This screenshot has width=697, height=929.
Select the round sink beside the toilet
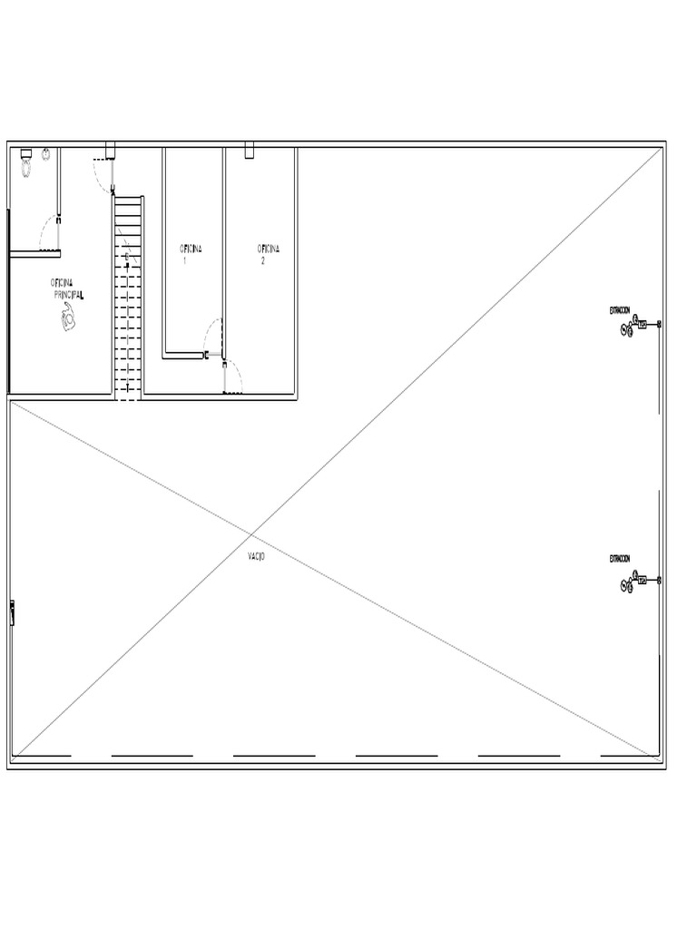pyautogui.click(x=44, y=155)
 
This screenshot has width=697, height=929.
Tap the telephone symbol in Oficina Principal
pyautogui.click(x=67, y=318)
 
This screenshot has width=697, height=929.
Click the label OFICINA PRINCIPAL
pyautogui.click(x=67, y=288)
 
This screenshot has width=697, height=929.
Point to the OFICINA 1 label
pyautogui.click(x=191, y=253)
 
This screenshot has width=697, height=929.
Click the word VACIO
pyautogui.click(x=256, y=555)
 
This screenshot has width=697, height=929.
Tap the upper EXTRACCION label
pyautogui.click(x=620, y=310)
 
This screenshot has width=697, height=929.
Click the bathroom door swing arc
pyautogui.click(x=47, y=232)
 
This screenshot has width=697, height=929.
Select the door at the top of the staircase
pyautogui.click(x=103, y=173)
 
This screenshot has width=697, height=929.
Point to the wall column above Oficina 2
pyautogui.click(x=250, y=151)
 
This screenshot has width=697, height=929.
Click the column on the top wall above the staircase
pyautogui.click(x=111, y=150)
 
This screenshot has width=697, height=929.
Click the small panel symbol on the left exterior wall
pyautogui.click(x=13, y=612)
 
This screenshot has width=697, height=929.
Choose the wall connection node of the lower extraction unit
pyautogui.click(x=659, y=580)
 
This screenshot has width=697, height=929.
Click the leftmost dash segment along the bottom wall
pyautogui.click(x=42, y=755)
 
